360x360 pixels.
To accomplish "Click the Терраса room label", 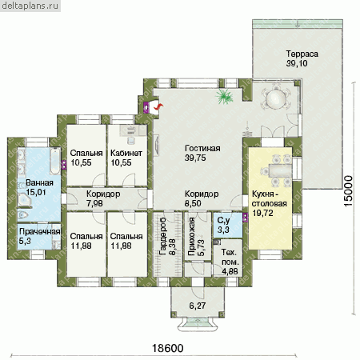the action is pyautogui.click(x=302, y=54).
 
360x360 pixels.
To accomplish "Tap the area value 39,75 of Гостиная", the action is pyautogui.click(x=195, y=158).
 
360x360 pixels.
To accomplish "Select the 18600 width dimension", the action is pyautogui.click(x=168, y=348).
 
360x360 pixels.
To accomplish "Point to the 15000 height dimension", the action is pyautogui.click(x=348, y=190).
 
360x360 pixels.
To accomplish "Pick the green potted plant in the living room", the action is pyautogui.click(x=225, y=97).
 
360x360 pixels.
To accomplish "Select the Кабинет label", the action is pyautogui.click(x=126, y=153).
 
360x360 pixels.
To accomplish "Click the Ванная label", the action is pyautogui.click(x=39, y=183).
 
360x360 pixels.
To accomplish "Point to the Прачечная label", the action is pyautogui.click(x=39, y=231).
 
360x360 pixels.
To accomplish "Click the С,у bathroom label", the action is pyautogui.click(x=223, y=221).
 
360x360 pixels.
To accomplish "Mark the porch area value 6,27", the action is pyautogui.click(x=198, y=306).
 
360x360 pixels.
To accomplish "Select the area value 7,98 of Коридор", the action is pyautogui.click(x=94, y=203).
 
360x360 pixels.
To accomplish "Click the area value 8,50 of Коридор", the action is pyautogui.click(x=193, y=203).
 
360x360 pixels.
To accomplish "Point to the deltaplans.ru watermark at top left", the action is pyautogui.click(x=30, y=6).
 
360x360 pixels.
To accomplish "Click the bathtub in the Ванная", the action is pyautogui.click(x=55, y=160).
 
